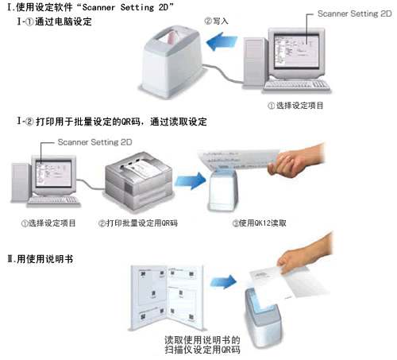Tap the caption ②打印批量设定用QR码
click(137, 223)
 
